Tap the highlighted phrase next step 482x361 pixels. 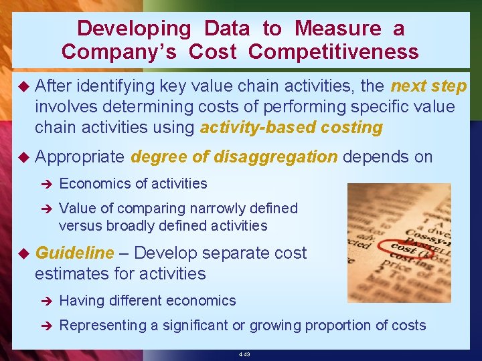tap(428, 86)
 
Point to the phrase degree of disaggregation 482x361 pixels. tap(234, 157)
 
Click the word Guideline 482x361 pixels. tap(74, 253)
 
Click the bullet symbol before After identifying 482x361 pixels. tap(23, 86)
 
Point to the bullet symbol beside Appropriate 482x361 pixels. tap(23, 157)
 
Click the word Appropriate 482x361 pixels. tap(80, 157)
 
